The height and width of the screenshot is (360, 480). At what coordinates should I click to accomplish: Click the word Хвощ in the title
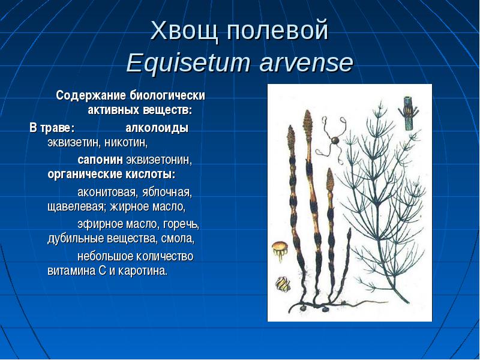184,31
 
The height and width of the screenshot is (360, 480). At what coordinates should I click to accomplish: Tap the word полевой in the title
278,31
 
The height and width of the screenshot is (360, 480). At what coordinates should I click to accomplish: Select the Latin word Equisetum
188,63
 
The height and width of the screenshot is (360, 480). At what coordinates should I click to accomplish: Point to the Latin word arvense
307,63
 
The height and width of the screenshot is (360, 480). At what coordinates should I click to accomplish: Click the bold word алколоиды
157,128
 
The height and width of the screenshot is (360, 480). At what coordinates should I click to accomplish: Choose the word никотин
126,143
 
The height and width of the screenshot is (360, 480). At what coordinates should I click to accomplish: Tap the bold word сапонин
100,160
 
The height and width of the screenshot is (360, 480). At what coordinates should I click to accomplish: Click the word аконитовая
106,193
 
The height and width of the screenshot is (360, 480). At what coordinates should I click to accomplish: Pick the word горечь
181,224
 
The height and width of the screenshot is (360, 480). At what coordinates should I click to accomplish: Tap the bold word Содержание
91,95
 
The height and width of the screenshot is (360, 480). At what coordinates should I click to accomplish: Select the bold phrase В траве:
52,128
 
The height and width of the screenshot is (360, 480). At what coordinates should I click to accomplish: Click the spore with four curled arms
332,140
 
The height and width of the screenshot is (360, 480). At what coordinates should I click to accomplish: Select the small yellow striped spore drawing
282,284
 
